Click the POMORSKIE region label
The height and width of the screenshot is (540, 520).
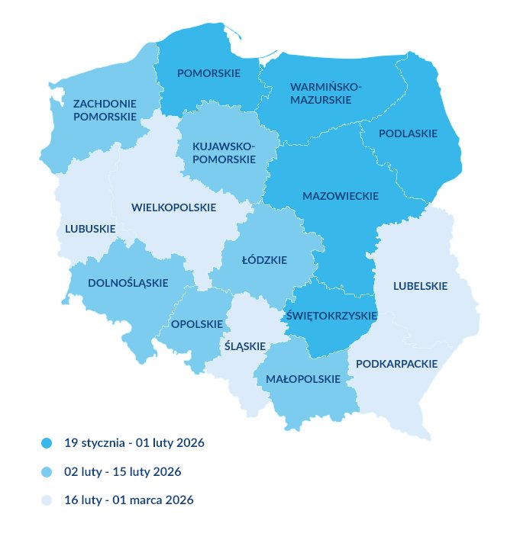pyautogui.click(x=208, y=74)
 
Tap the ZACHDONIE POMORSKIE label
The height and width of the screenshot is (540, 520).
pyautogui.click(x=105, y=110)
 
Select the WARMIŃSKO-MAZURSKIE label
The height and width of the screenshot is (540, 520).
pyautogui.click(x=326, y=93)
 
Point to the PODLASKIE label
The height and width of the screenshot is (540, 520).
pyautogui.click(x=409, y=133)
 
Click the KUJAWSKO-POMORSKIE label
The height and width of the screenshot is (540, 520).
pyautogui.click(x=224, y=153)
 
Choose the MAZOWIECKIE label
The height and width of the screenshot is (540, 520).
pyautogui.click(x=341, y=196)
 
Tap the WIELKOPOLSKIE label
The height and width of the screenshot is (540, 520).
pyautogui.click(x=173, y=207)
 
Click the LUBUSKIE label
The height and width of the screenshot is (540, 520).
pyautogui.click(x=90, y=229)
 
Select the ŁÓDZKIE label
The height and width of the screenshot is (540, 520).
pyautogui.click(x=263, y=260)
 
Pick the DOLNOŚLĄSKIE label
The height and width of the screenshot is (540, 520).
pyautogui.click(x=128, y=283)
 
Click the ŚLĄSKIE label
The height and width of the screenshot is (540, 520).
pyautogui.click(x=246, y=346)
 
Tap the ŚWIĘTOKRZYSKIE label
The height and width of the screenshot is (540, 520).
pyautogui.click(x=331, y=316)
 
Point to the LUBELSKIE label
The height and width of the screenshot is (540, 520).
pyautogui.click(x=420, y=287)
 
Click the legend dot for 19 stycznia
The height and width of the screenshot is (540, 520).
pyautogui.click(x=47, y=443)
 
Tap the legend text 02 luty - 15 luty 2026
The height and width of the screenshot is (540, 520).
pyautogui.click(x=122, y=472)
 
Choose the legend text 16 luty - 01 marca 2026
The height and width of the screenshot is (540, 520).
pyautogui.click(x=128, y=500)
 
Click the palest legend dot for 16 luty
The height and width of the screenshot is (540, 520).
pyautogui.click(x=47, y=500)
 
